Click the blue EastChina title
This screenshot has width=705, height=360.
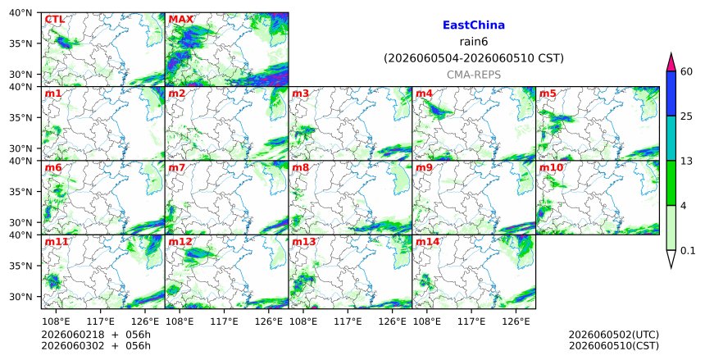[x=474, y=25]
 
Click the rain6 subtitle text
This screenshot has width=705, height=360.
[x=474, y=42]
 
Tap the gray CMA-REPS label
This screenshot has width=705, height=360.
[x=474, y=75]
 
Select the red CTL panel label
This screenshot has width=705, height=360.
[x=54, y=20]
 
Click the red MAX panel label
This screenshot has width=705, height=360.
[x=180, y=20]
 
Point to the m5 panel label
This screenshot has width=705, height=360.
[x=548, y=93]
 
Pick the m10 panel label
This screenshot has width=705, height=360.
[x=551, y=168]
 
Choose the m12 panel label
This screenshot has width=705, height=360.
[x=180, y=242]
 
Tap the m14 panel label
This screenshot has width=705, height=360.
[x=427, y=242]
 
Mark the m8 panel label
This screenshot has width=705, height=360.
[x=300, y=168]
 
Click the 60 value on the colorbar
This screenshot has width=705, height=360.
[x=686, y=71]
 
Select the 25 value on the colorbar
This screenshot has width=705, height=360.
[x=686, y=116]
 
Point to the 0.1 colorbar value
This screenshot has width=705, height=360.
[x=688, y=251]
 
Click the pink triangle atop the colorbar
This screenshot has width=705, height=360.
[x=671, y=63]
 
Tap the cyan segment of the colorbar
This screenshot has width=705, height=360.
[x=671, y=138]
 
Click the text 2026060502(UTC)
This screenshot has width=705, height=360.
[x=614, y=335]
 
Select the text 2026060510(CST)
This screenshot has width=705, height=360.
[x=614, y=346]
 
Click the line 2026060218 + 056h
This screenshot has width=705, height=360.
[x=96, y=335]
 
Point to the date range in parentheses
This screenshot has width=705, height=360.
[x=474, y=58]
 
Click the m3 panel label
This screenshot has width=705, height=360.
[x=300, y=93]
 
